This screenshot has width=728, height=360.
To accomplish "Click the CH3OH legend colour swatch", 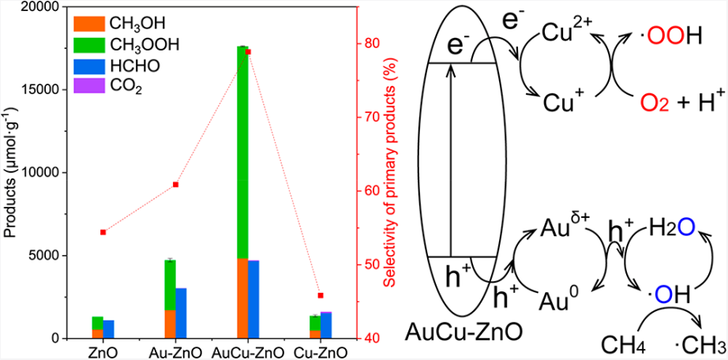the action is [89, 23].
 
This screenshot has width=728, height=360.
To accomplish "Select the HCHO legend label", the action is [135, 66].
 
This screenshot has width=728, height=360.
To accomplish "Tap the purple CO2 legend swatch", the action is [89, 86].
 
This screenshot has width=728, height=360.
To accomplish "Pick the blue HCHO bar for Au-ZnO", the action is [181, 313].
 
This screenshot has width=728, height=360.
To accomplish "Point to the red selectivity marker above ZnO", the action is [103, 232].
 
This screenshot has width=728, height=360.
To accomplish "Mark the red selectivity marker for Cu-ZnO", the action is [321, 295].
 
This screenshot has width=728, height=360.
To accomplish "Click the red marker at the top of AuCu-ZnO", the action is [248, 52].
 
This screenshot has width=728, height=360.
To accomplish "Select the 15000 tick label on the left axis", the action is [45, 90].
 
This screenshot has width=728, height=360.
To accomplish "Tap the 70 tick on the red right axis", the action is [366, 118].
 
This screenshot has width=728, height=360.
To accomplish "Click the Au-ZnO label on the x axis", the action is [175, 351].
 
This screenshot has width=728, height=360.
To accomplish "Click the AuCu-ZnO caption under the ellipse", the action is [461, 332].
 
